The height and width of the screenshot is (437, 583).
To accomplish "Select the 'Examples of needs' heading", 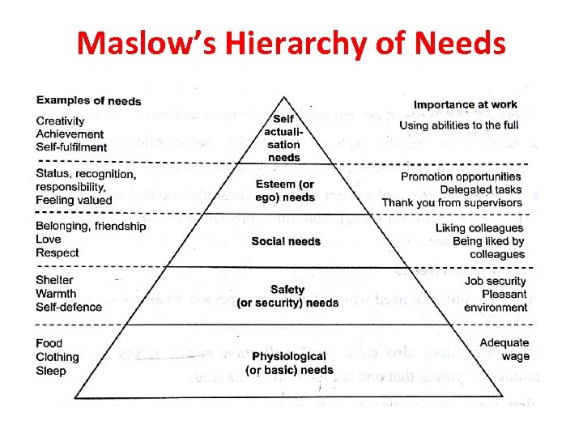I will tap(88, 101).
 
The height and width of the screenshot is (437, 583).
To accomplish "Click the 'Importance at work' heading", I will tap(465, 105).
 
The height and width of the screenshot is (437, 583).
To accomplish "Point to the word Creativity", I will tap(60, 121).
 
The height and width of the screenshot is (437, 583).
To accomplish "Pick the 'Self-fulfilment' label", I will tap(71, 147).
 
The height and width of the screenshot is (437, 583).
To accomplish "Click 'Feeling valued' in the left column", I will tap(74, 200).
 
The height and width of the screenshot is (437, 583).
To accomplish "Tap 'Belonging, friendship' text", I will tap(91, 227).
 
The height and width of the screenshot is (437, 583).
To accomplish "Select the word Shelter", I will tap(54, 280).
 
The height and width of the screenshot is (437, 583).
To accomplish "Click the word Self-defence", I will tap(69, 307).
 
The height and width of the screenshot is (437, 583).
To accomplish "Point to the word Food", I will tap(49, 343).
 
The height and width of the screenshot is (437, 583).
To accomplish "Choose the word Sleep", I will tap(51, 371).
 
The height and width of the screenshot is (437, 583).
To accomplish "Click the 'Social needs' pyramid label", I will tap(286, 241).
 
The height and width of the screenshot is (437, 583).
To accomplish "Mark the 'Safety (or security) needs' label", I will tap(287, 296).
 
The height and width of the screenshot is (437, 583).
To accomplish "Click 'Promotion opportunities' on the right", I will tap(461, 176).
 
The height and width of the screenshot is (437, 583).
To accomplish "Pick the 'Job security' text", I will tap(496, 282).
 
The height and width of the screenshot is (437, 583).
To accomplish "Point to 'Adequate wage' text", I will tap(504, 350).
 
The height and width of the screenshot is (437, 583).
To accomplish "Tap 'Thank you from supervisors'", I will tap(453, 202).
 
